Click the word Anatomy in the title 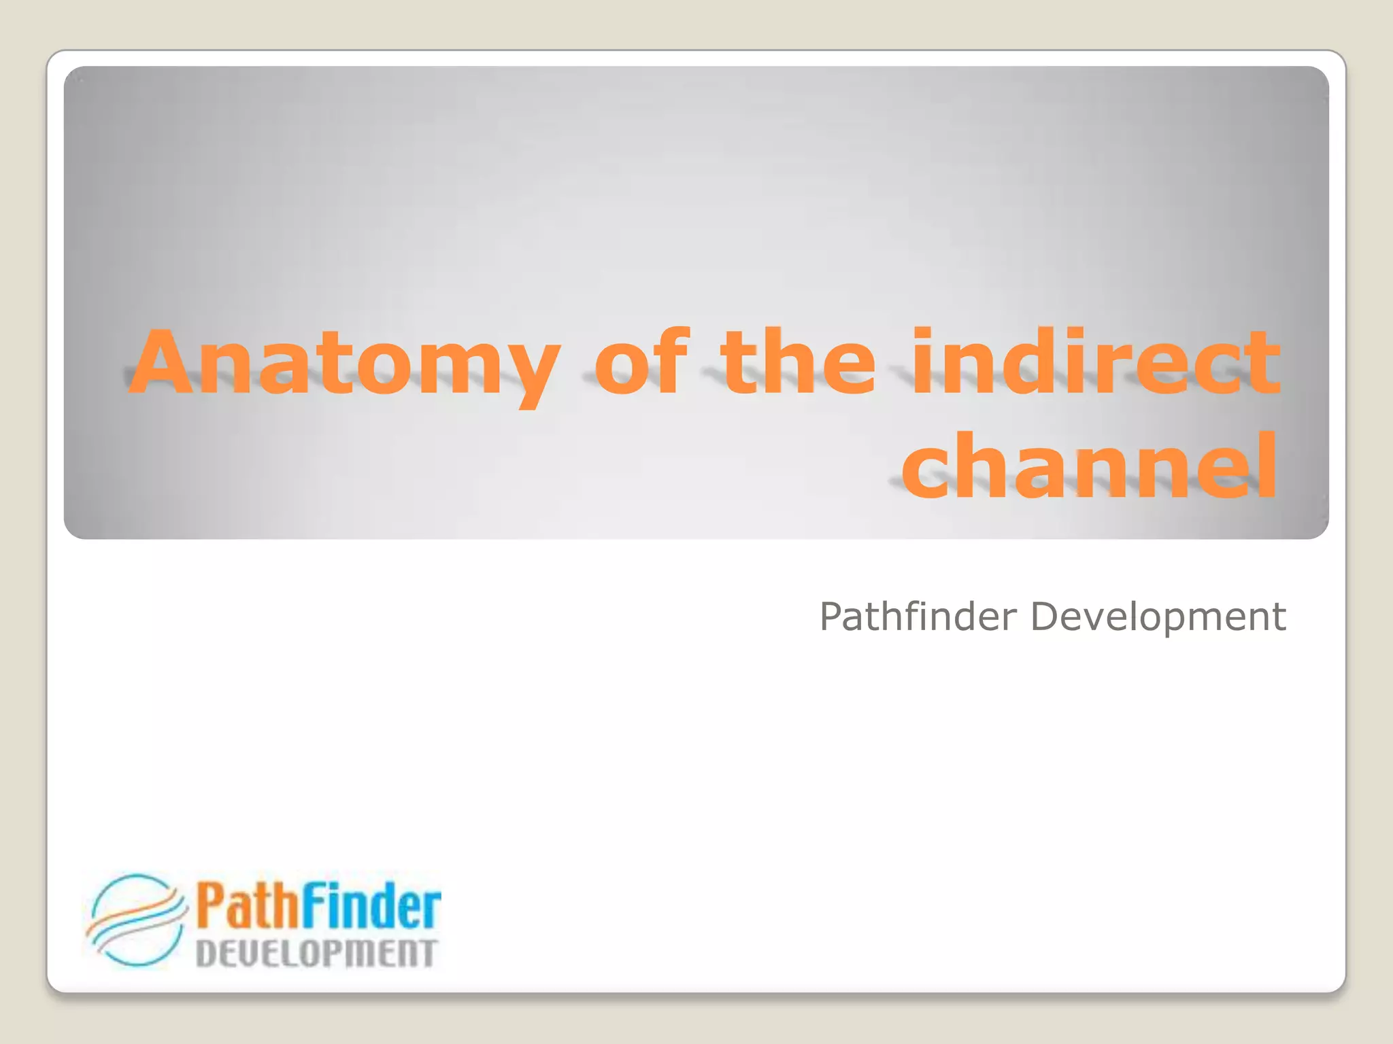pyautogui.click(x=344, y=364)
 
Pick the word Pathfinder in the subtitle pyautogui.click(x=918, y=616)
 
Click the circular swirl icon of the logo pyautogui.click(x=136, y=920)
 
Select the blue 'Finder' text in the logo pyautogui.click(x=371, y=906)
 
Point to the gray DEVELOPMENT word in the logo pyautogui.click(x=316, y=954)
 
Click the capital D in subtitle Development pyautogui.click(x=1045, y=616)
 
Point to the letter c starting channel pyautogui.click(x=926, y=472)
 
